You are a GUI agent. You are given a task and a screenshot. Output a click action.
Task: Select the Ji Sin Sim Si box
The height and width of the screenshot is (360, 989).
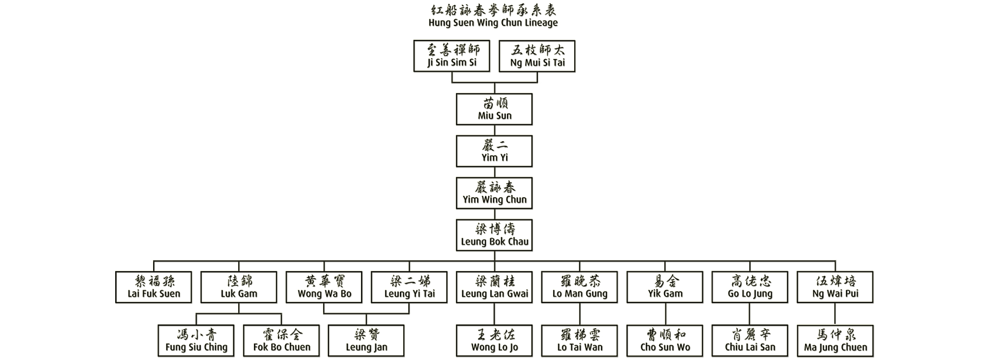[x=452, y=56]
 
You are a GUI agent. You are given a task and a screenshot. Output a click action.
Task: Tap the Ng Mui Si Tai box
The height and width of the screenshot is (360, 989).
[x=537, y=56]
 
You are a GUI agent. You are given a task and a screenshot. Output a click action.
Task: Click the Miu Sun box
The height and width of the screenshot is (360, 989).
[x=494, y=109]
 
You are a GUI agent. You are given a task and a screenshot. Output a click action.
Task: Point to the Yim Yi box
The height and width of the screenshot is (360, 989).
[x=494, y=151]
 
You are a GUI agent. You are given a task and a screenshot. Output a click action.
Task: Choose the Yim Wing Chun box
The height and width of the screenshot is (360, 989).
[x=494, y=193]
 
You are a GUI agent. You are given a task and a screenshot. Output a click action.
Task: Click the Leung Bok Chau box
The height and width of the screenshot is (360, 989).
[x=494, y=235]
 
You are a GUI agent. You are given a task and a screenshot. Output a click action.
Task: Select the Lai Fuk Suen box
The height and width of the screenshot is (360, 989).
[x=154, y=287]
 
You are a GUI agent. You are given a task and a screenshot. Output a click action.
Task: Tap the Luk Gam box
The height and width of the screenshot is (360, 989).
[x=239, y=287]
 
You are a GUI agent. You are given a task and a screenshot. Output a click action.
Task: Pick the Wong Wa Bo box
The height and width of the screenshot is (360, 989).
[x=324, y=287]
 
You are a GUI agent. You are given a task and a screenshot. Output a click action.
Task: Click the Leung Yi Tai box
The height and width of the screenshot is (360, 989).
[x=410, y=287]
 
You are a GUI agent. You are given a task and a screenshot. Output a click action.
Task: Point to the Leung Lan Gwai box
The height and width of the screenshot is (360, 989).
[x=494, y=287]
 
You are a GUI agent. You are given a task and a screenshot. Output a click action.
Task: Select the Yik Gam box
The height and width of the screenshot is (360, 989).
[x=665, y=287]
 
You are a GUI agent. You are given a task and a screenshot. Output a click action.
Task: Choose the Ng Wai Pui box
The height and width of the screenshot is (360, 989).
[x=835, y=287]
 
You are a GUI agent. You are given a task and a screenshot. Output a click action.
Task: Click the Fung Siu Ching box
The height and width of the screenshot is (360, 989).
[x=196, y=341]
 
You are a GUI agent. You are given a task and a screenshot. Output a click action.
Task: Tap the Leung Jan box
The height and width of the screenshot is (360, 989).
[x=366, y=341]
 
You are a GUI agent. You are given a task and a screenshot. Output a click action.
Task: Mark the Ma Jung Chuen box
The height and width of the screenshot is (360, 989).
[x=835, y=341]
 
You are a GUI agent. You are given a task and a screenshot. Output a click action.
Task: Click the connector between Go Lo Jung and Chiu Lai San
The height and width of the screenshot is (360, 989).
[x=750, y=314]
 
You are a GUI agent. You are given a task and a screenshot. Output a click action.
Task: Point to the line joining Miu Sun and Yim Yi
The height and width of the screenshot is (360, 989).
[x=494, y=130]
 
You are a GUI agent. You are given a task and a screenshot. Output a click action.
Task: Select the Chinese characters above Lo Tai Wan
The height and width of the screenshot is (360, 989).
[x=579, y=335]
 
